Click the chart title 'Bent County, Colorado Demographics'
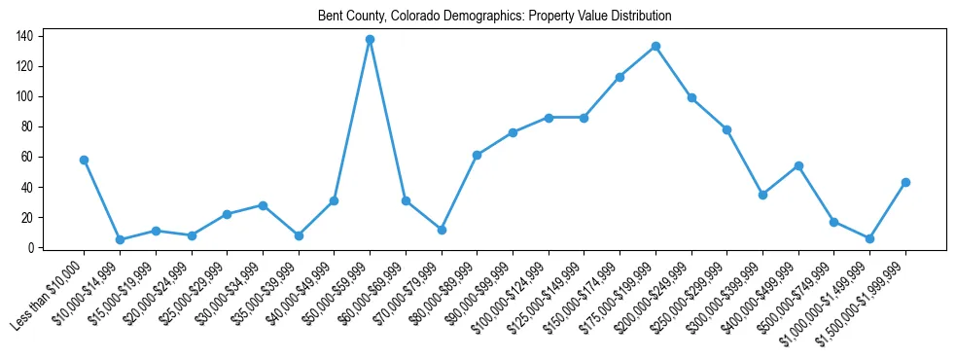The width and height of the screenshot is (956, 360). point(494,17)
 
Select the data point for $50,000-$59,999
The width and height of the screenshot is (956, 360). point(370,39)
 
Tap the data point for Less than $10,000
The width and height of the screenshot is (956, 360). point(84,160)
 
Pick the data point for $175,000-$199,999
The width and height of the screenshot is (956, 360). point(655,46)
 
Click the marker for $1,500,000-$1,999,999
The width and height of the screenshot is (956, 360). point(905,182)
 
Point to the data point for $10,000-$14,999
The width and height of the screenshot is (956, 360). point(120,239)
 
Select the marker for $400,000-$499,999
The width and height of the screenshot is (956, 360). point(798,165)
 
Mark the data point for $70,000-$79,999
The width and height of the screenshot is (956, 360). point(442,230)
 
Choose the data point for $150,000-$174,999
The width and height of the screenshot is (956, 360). point(620,77)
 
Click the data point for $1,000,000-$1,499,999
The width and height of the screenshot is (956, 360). point(869,238)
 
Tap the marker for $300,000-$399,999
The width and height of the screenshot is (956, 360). point(762,195)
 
